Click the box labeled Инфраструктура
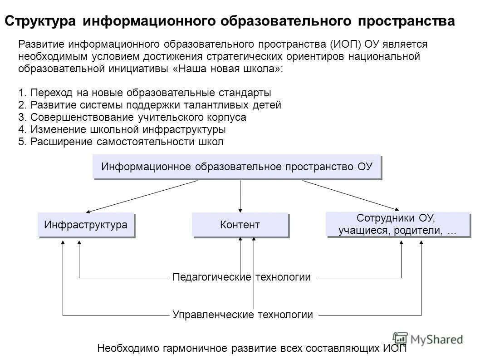86,225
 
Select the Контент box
240,225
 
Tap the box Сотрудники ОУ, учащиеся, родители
397,224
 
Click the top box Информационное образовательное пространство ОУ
236,167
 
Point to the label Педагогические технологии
241,277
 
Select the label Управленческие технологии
242,315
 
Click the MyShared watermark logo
429,339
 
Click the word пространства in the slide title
406,21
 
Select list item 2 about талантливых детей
150,105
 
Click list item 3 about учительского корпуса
132,117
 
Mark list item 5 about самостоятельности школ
121,142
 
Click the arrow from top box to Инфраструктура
142,196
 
